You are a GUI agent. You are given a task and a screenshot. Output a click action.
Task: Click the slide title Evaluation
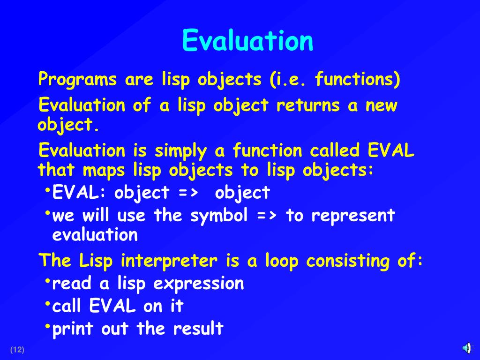click(247, 40)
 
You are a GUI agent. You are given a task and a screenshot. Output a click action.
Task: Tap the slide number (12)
click(17, 350)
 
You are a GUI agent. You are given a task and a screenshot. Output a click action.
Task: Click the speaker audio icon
click(467, 348)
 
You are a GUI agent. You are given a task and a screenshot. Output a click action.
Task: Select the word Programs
click(77, 79)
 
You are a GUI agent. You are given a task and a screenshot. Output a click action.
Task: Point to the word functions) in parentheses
click(358, 79)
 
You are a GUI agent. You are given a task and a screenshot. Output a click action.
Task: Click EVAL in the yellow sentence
click(390, 150)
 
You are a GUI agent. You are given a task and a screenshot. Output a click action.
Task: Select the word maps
click(104, 171)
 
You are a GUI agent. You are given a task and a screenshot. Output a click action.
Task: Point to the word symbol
click(219, 216)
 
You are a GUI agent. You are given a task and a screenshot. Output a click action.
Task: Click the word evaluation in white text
click(95, 235)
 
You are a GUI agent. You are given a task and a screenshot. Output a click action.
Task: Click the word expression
click(199, 284)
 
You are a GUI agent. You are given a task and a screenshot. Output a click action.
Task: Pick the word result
click(198, 329)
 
